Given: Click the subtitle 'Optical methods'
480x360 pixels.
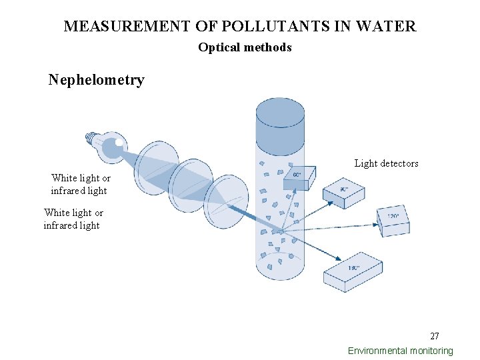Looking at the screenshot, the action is click(245, 47).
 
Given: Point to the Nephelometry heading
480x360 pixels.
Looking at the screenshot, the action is click(96, 80).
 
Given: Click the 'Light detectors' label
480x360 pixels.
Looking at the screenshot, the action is click(386, 163).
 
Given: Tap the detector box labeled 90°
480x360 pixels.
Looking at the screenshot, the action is click(344, 193).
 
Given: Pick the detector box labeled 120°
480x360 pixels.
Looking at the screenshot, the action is click(393, 220).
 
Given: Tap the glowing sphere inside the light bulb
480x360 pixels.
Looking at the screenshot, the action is click(119, 142).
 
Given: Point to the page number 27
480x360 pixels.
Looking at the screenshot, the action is click(434, 336).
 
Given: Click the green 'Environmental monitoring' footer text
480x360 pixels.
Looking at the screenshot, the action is click(400, 351).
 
